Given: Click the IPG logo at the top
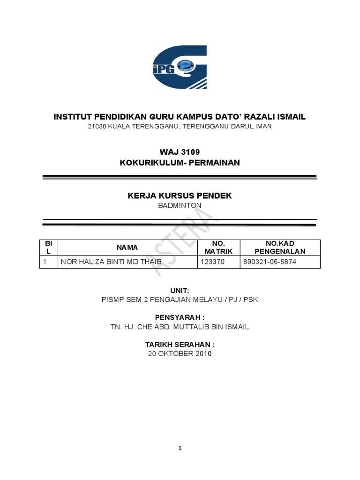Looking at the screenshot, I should click(180, 67).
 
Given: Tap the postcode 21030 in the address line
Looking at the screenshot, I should click(97, 127).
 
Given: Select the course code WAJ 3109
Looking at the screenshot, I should click(180, 151).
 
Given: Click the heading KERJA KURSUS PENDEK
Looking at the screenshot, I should click(180, 195).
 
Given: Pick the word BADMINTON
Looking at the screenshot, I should click(180, 205).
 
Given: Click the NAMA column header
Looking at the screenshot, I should click(127, 247).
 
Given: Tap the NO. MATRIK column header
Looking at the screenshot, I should click(218, 247).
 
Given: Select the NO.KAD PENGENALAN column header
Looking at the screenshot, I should click(280, 247).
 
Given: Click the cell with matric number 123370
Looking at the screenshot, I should click(213, 262).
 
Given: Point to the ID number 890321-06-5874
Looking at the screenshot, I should click(270, 262).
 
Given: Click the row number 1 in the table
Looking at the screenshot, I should click(45, 262).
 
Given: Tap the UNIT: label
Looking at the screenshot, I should click(180, 291).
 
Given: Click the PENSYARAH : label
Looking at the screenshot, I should click(180, 318).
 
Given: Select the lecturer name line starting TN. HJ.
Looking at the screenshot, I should click(180, 327).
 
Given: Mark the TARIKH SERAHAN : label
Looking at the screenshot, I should click(180, 345).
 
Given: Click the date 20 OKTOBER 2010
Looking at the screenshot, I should click(180, 353).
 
